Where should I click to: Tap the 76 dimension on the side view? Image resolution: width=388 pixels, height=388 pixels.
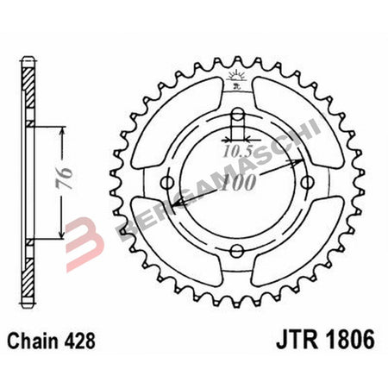tap(76, 182)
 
